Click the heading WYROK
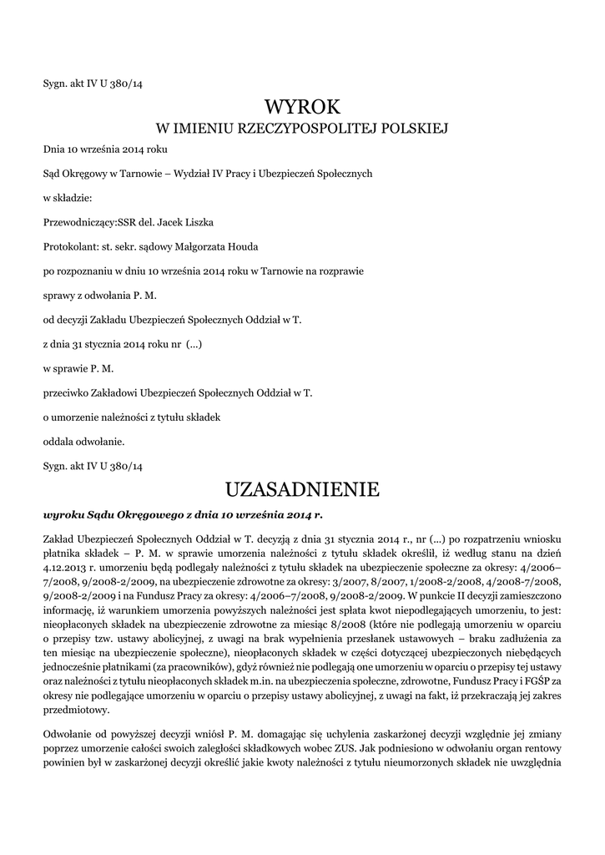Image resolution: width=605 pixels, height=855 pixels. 302,106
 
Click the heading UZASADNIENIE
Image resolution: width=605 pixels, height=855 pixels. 302,488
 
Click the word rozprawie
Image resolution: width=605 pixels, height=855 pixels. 342,271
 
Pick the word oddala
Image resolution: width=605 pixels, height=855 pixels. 58,440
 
